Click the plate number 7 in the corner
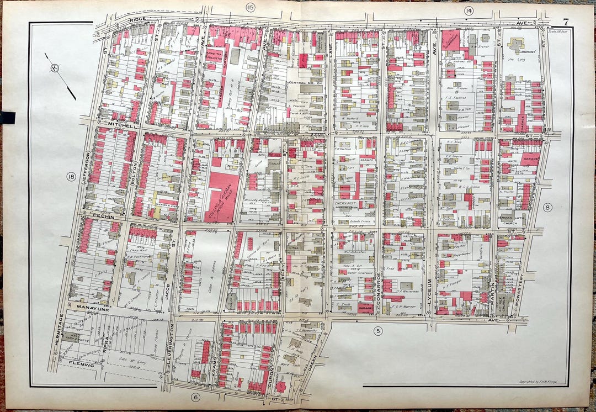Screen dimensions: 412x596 [x=566, y=22]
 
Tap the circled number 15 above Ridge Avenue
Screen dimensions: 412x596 [x=251, y=7]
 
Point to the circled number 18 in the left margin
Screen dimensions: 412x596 [x=71, y=177]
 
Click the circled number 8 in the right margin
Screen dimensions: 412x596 [x=547, y=207]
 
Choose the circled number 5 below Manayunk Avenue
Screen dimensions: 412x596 [x=378, y=331]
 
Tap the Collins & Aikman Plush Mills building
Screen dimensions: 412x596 [x=222, y=196]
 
